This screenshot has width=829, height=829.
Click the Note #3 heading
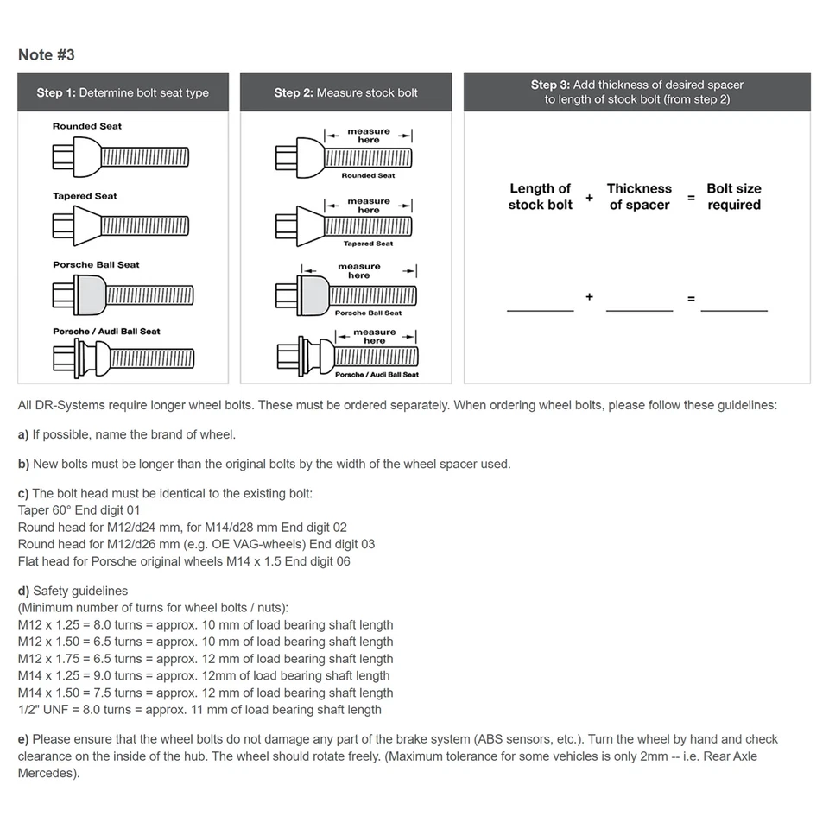[x=47, y=55]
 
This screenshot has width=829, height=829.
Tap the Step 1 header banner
[x=123, y=92]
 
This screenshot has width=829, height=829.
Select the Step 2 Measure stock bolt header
[x=345, y=92]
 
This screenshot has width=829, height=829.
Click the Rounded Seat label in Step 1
[x=87, y=126]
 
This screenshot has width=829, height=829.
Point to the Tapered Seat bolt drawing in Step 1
[x=121, y=226]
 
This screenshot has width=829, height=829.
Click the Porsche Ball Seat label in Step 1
[x=96, y=264]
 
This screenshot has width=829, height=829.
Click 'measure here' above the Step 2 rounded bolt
[x=369, y=136]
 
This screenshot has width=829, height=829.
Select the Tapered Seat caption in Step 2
[x=369, y=244]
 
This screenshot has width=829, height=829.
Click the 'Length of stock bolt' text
[x=540, y=196]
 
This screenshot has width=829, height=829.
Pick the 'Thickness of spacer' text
[x=639, y=196]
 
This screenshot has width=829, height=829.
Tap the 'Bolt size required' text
[x=734, y=196]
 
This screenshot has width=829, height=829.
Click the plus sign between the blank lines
[x=590, y=297]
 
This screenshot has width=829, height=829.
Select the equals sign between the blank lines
[x=691, y=299]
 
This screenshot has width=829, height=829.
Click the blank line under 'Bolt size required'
[x=734, y=309]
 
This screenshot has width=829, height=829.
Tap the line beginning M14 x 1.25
[x=204, y=675]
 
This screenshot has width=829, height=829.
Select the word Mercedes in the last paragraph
[x=47, y=773]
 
